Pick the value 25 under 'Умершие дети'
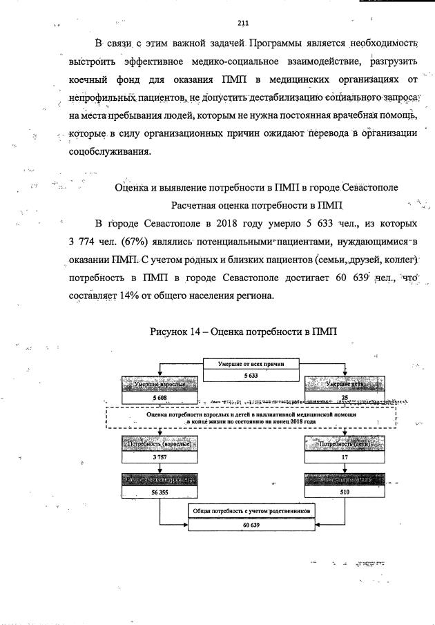343,398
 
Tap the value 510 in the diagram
343,493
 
